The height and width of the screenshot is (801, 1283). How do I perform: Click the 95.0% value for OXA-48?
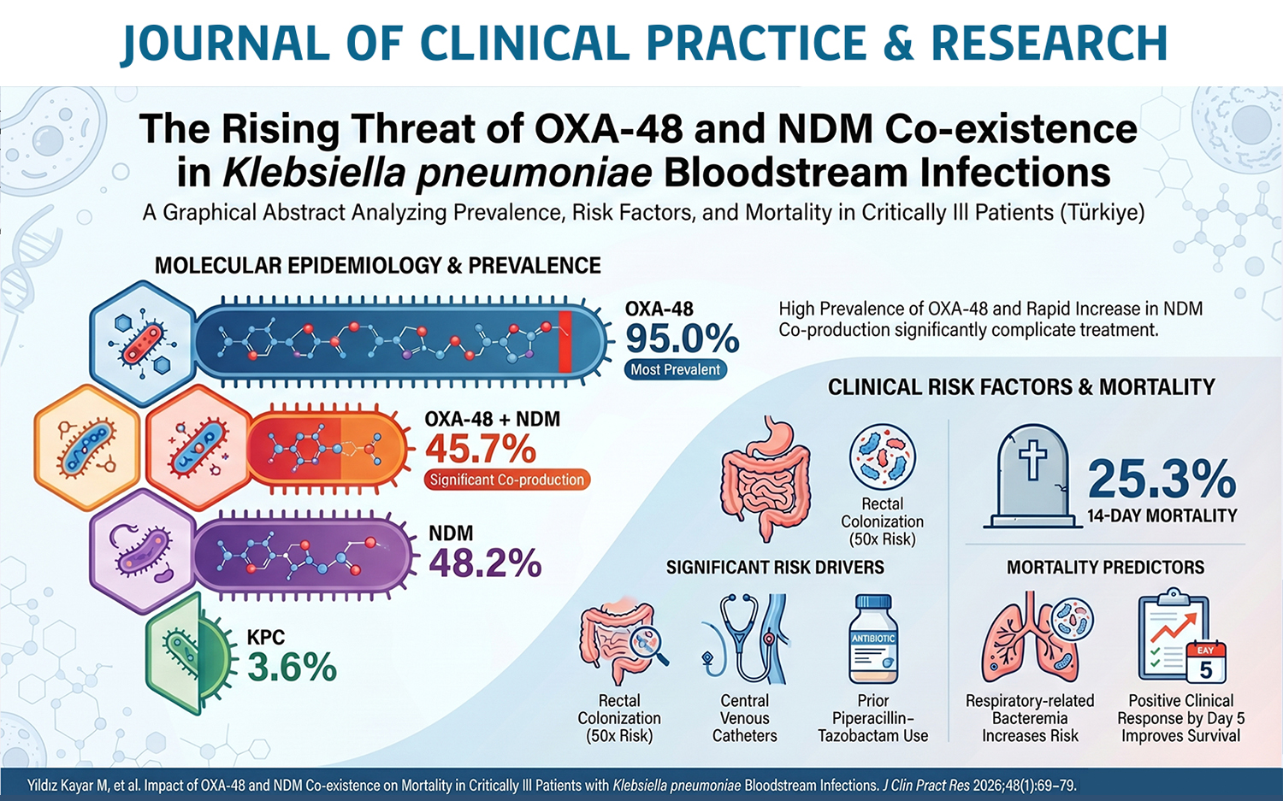(x=682, y=339)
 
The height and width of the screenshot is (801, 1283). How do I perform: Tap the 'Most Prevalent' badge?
(x=675, y=370)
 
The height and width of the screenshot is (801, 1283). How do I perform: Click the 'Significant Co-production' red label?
(x=506, y=480)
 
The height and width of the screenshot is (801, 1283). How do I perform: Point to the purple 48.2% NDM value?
(x=485, y=563)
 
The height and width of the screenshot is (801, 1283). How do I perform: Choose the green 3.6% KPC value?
(x=292, y=668)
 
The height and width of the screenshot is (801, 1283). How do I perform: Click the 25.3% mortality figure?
(x=1162, y=479)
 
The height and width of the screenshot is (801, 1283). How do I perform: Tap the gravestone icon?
(x=1032, y=476)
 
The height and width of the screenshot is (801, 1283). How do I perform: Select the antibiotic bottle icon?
(x=873, y=640)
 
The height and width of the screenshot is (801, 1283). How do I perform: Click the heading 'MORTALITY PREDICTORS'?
(x=1105, y=568)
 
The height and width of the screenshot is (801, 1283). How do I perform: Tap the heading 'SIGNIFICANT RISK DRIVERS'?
(x=775, y=568)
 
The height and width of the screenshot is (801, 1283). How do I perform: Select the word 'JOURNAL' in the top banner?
(x=225, y=44)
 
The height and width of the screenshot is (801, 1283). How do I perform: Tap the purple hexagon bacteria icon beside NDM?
(x=142, y=552)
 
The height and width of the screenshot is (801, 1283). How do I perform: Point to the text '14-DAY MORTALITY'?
(x=1162, y=516)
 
